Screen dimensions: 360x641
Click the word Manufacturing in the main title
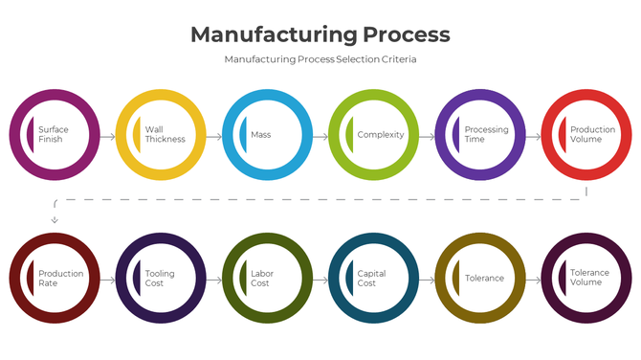click(x=273, y=34)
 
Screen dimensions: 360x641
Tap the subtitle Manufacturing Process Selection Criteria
click(x=320, y=59)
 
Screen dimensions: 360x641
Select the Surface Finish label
click(x=54, y=135)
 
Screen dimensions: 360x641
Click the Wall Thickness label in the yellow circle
click(x=165, y=135)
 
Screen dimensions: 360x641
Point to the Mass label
click(x=260, y=135)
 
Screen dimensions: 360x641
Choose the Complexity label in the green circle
click(x=380, y=135)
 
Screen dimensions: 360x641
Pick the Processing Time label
click(x=486, y=135)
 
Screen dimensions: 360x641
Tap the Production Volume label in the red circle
click(x=592, y=135)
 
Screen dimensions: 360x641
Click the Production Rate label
click(x=60, y=279)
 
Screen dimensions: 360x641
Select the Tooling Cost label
click(x=160, y=279)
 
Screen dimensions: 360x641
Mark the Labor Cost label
click(x=261, y=279)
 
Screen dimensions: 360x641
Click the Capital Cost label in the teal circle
click(x=371, y=279)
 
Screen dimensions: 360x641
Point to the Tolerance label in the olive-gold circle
click(x=484, y=279)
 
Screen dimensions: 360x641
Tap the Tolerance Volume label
click(x=589, y=279)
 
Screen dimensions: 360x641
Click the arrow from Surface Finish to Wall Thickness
click(x=107, y=136)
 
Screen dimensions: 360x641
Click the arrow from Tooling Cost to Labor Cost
click(x=214, y=281)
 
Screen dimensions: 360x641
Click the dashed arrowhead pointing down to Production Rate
click(x=55, y=220)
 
